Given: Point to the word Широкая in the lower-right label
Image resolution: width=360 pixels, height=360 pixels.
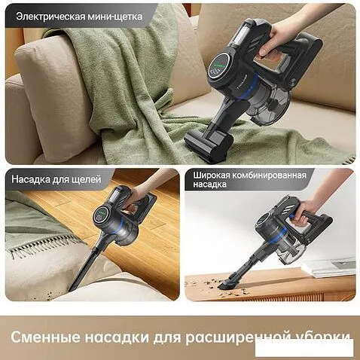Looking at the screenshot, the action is [212, 175].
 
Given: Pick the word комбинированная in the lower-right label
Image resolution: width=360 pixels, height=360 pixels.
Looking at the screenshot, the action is [270, 175].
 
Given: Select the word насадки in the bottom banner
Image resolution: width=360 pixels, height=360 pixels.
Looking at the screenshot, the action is [117, 337].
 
